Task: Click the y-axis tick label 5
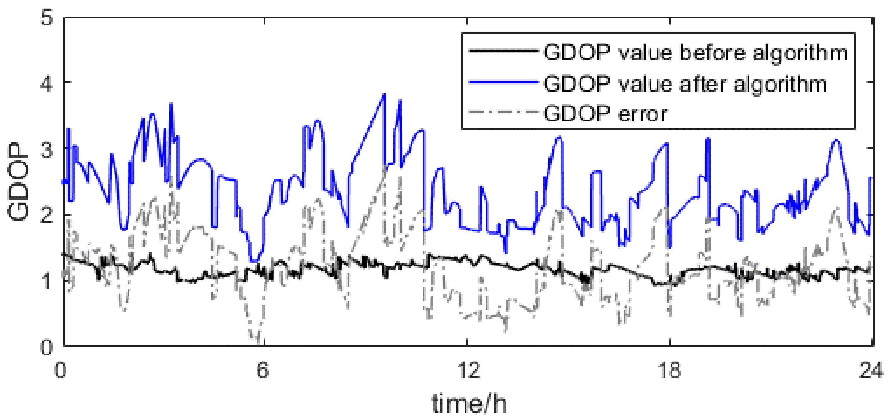[x=47, y=17]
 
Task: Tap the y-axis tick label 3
[x=47, y=150]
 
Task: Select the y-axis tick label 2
[x=47, y=215]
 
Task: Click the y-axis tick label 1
[x=47, y=281]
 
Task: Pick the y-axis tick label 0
[x=47, y=347]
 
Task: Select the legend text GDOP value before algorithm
[x=695, y=53]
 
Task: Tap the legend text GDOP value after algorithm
[x=685, y=84]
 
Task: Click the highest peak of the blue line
[x=384, y=94]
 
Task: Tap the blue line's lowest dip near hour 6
[x=255, y=261]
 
